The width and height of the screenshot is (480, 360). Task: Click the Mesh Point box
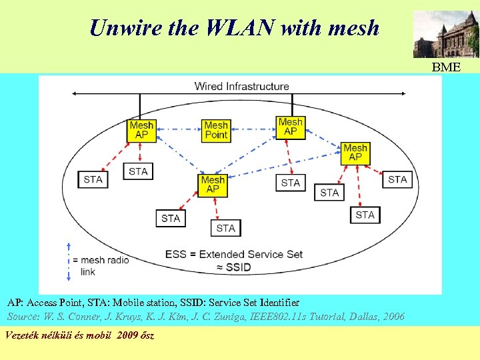pyautogui.click(x=216, y=130)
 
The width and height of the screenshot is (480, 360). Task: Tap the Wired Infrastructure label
pyautogui.click(x=241, y=86)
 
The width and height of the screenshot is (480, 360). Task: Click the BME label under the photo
pyautogui.click(x=445, y=67)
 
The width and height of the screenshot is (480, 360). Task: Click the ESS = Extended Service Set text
pyautogui.click(x=233, y=254)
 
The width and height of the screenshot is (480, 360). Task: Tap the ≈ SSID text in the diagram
pyautogui.click(x=233, y=267)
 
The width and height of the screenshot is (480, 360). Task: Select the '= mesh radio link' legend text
pyautogui.click(x=101, y=266)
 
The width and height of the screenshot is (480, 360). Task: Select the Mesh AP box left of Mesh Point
pyautogui.click(x=141, y=130)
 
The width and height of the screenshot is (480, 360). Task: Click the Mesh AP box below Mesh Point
pyautogui.click(x=213, y=185)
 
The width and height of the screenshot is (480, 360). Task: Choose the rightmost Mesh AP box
pyautogui.click(x=355, y=153)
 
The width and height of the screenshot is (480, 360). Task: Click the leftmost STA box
pyautogui.click(x=93, y=179)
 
